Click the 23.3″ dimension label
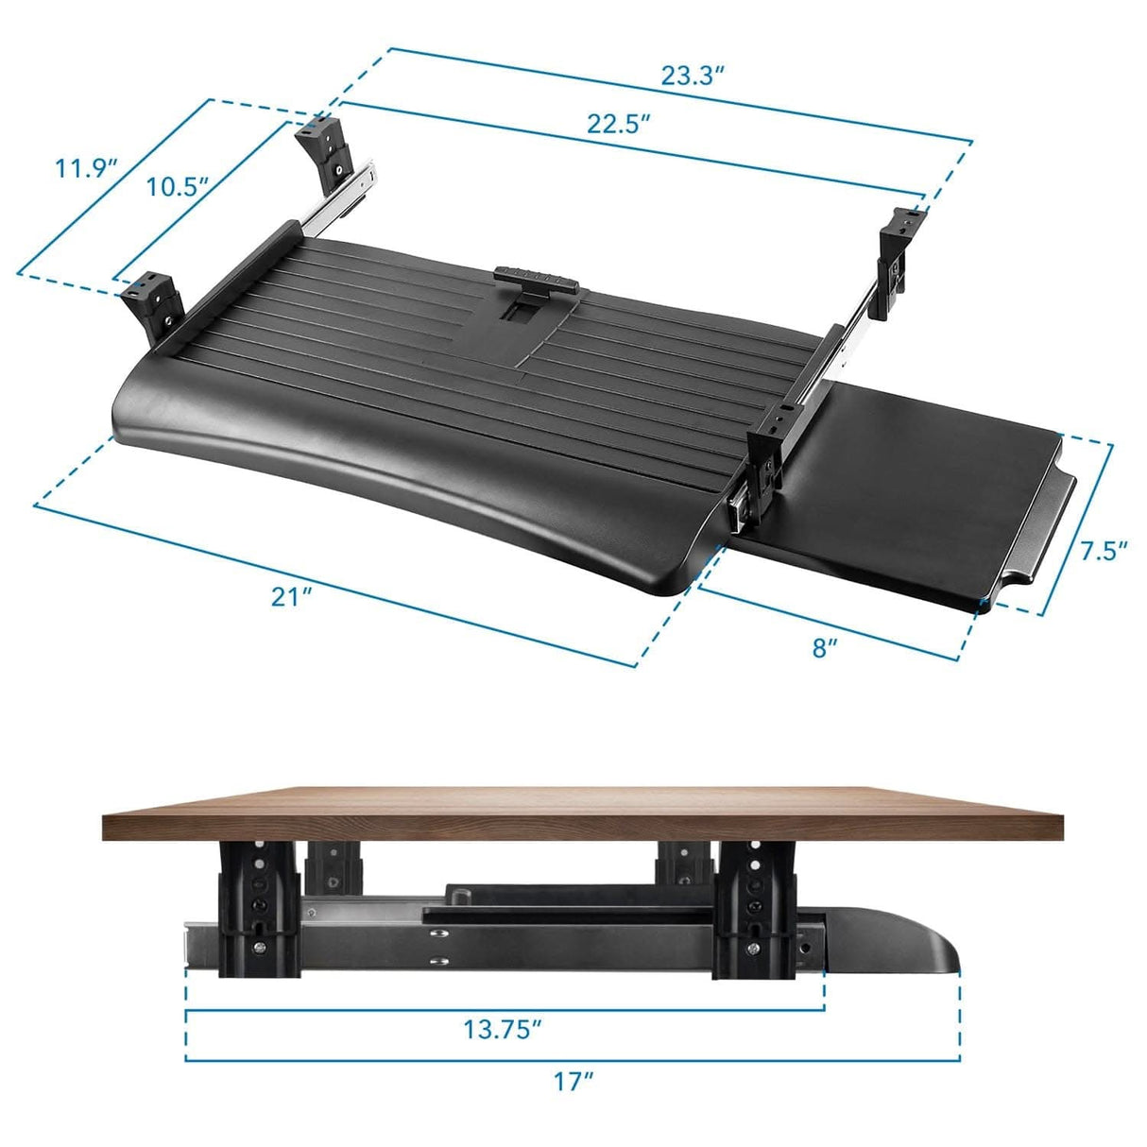[x=692, y=77]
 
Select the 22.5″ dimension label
[x=619, y=124]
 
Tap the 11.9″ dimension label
[x=85, y=169]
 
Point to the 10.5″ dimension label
[x=177, y=186]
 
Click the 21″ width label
[x=291, y=596]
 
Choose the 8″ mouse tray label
[x=825, y=647]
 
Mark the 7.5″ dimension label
[x=1104, y=550]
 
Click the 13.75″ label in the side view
[x=503, y=1029]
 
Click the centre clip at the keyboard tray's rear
[x=536, y=281]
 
